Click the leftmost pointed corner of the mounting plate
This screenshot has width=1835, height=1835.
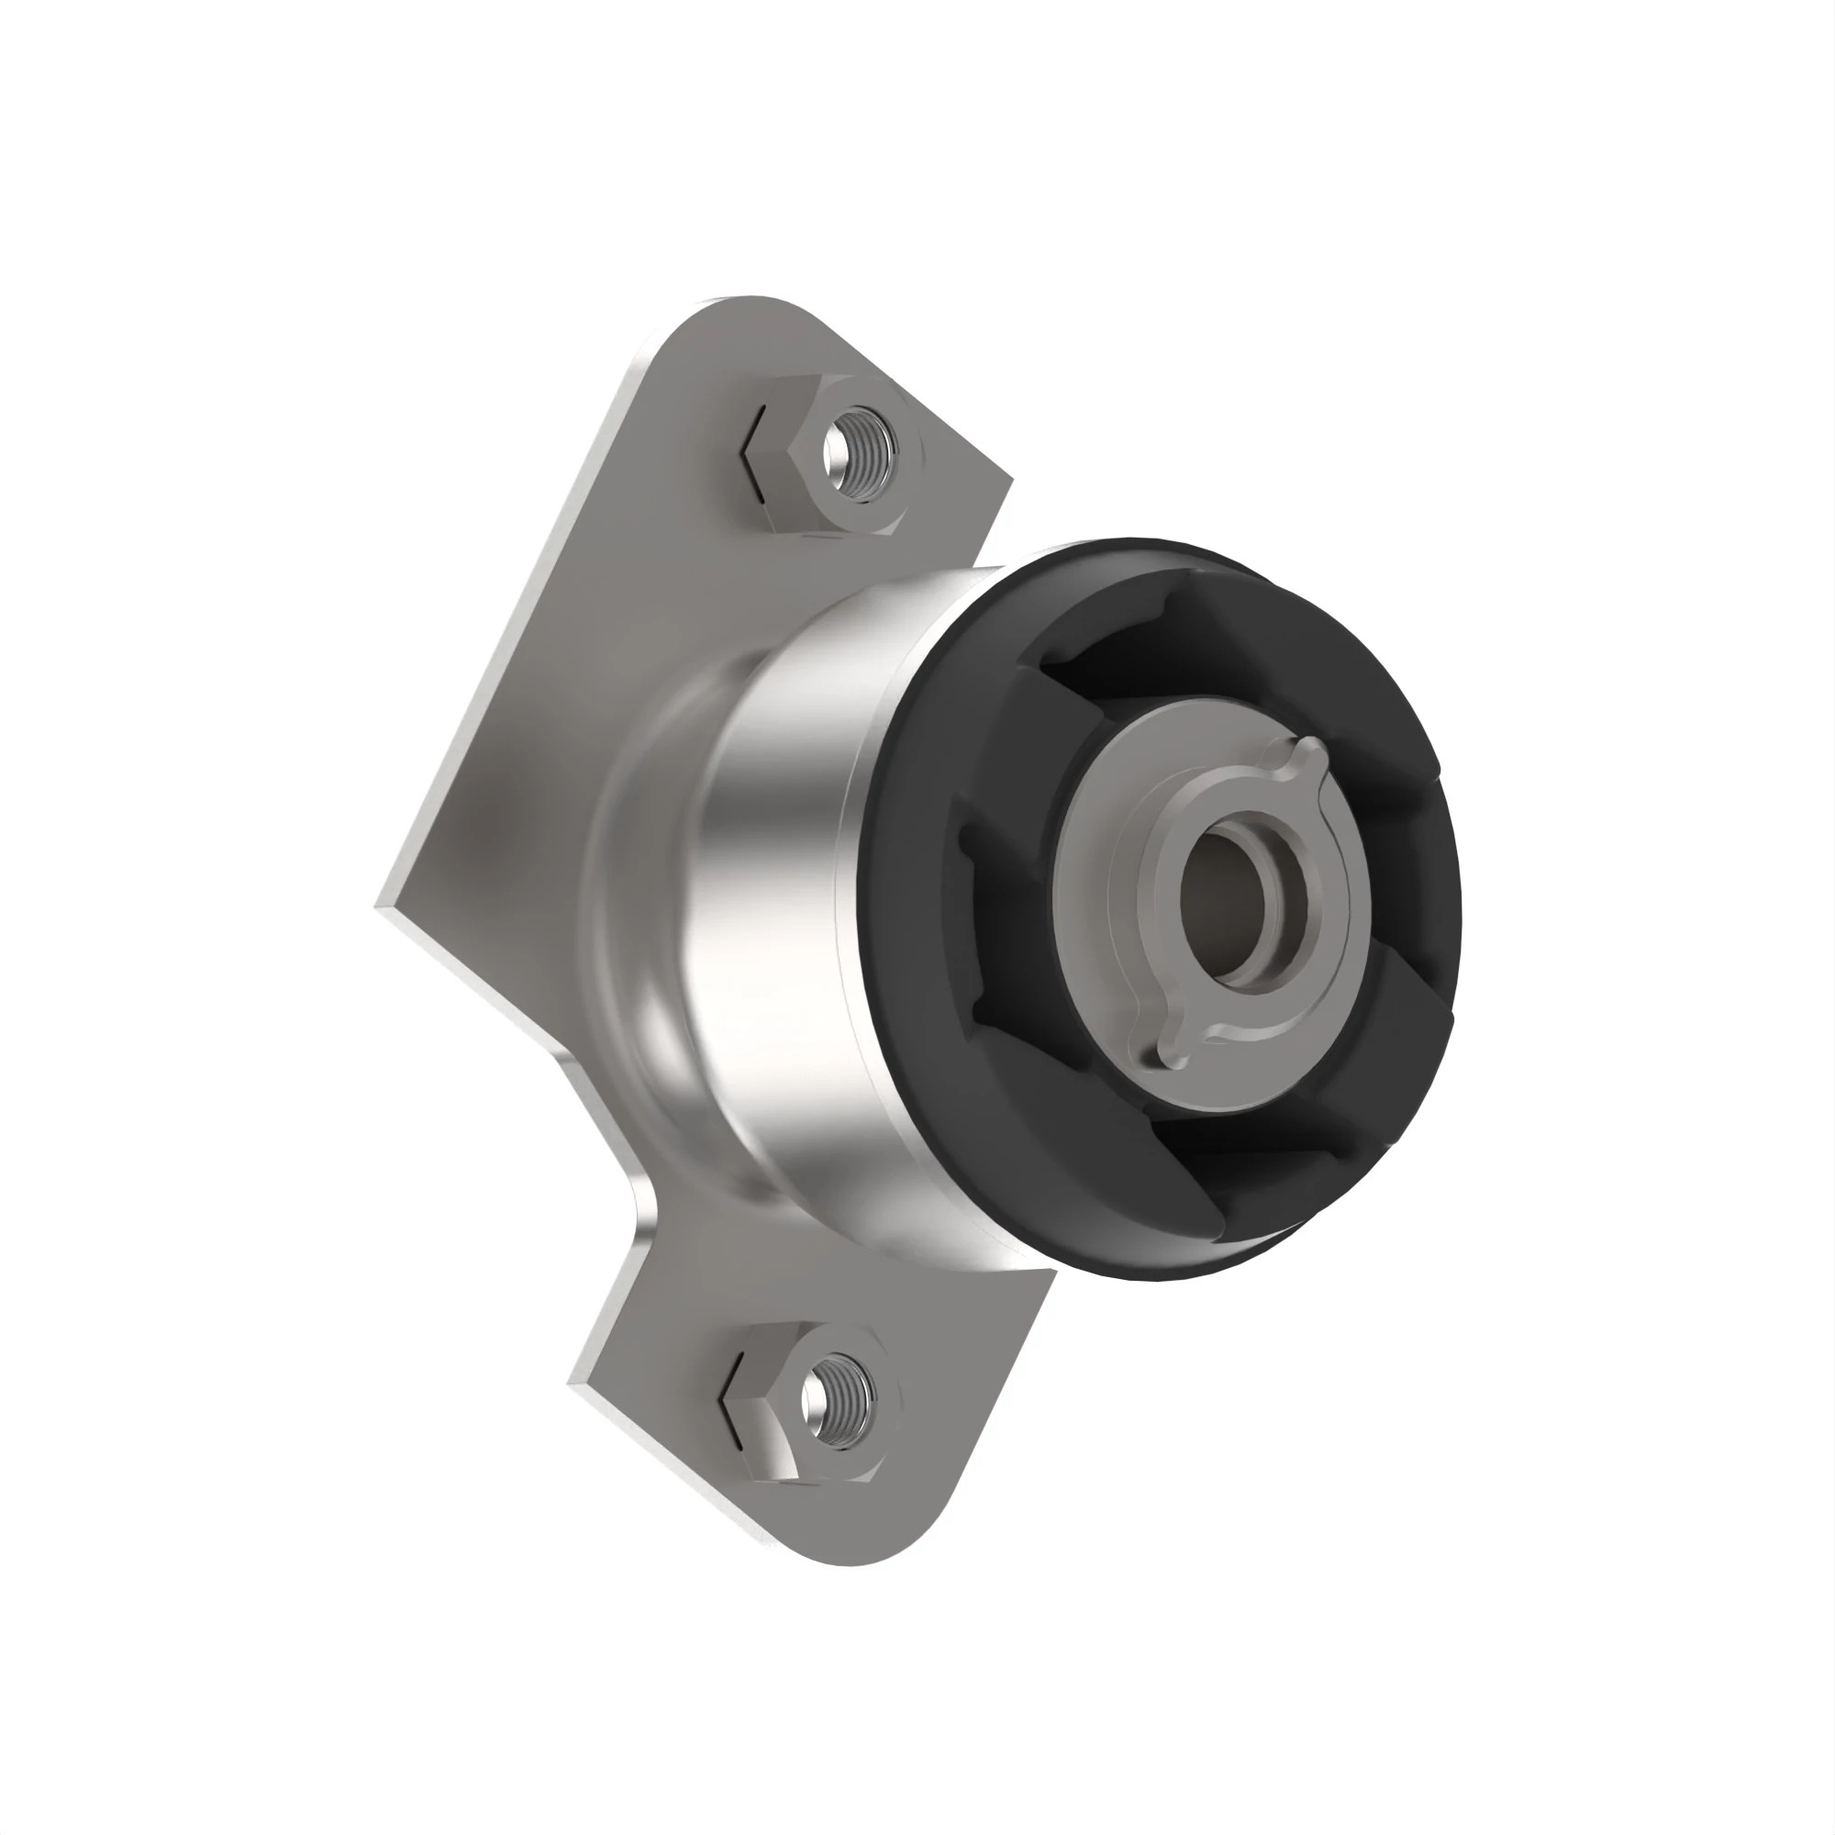click(380, 908)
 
